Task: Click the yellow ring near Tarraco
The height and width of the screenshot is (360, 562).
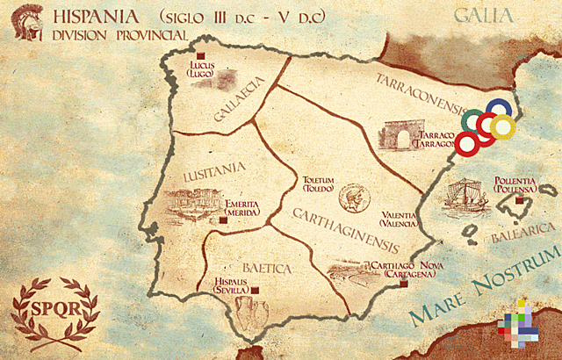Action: coord(501,127)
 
